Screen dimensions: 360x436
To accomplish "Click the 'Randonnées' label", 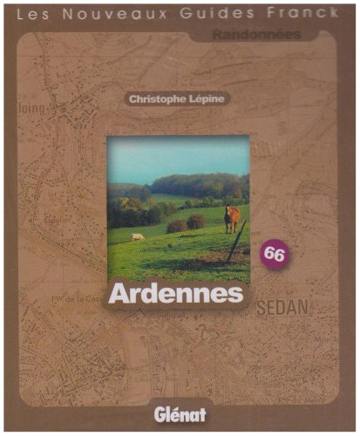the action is pyautogui.click(x=257, y=35).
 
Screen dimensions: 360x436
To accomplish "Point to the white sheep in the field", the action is pyautogui.click(x=137, y=236).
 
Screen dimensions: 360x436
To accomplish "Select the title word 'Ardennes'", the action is pyautogui.click(x=175, y=293).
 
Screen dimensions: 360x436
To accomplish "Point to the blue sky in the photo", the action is pyautogui.click(x=174, y=157).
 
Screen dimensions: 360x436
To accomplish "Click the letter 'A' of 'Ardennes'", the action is pyautogui.click(x=119, y=293).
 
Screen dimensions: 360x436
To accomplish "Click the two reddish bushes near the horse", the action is pyautogui.click(x=186, y=223).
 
